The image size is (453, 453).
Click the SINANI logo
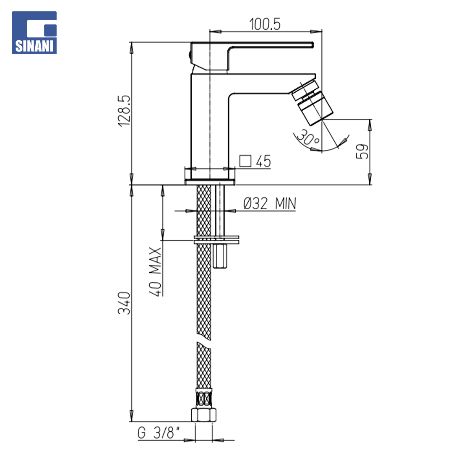click(x=34, y=33)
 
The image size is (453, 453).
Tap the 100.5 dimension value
click(x=265, y=24)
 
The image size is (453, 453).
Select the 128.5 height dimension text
click(x=124, y=111)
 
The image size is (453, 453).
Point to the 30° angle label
click(x=308, y=138)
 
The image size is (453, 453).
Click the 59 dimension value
click(x=362, y=151)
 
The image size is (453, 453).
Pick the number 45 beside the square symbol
click(x=263, y=161)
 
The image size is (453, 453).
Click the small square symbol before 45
click(x=245, y=161)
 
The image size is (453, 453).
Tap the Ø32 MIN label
click(x=270, y=203)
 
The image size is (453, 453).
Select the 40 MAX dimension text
click(x=155, y=271)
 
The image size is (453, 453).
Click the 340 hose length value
click(x=124, y=303)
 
